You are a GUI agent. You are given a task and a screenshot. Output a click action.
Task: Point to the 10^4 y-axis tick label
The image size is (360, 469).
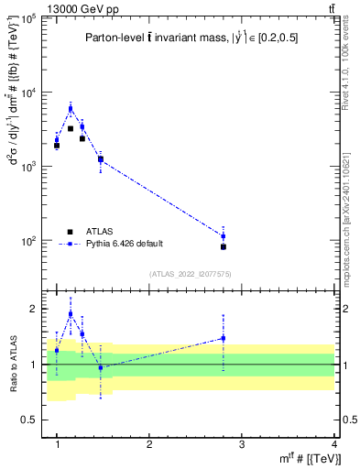29,93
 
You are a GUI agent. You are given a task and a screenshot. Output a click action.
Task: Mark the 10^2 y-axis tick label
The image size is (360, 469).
29,241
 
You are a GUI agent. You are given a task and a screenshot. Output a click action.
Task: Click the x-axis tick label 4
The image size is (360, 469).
333,444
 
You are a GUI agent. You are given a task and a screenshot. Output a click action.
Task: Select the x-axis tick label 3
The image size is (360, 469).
241,444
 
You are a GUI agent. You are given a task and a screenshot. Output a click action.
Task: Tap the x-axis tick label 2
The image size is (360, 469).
149,444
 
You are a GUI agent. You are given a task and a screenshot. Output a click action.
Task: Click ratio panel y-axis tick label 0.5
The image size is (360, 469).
27,420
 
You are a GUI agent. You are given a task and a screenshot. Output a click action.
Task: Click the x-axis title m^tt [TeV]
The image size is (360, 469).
302,459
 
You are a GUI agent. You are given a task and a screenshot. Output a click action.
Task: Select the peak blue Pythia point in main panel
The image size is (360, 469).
71,108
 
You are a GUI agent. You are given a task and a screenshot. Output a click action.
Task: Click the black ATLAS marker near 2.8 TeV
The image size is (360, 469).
223,246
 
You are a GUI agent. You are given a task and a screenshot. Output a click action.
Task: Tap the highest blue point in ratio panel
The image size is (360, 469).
71,313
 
